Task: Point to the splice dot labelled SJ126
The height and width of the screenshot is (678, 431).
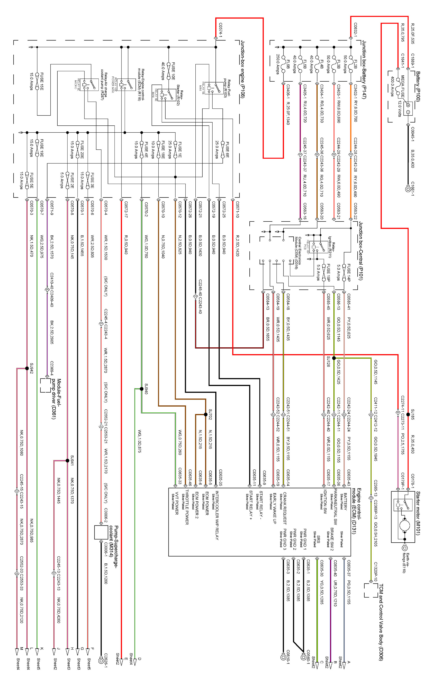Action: [x=334, y=358]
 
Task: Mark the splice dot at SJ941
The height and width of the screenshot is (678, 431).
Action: [x=67, y=461]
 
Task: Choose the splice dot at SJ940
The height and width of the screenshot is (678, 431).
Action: [x=142, y=389]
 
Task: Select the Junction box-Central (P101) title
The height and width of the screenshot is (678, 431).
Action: [x=361, y=251]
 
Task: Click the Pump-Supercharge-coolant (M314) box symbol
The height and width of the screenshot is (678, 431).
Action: [x=101, y=532]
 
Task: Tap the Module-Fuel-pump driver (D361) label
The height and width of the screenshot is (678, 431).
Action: [x=56, y=399]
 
